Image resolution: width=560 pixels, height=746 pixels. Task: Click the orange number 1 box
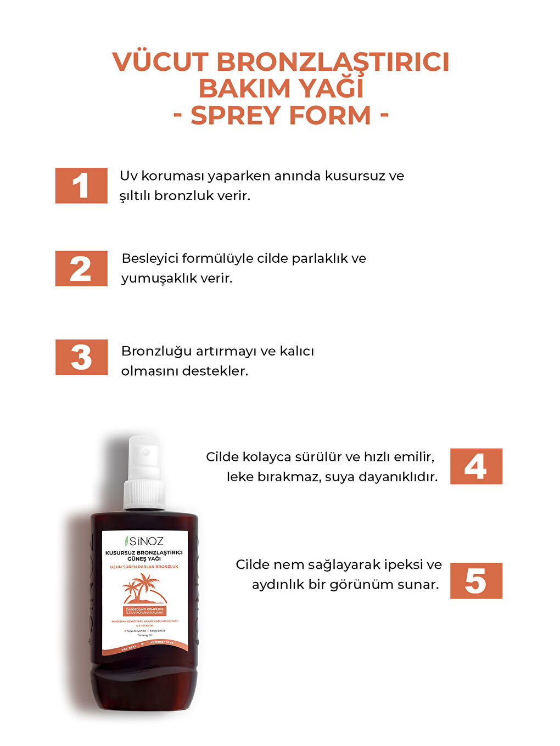(x=81, y=185)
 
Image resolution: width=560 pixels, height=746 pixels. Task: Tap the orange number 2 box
(x=81, y=268)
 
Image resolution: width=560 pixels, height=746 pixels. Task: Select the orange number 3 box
(x=81, y=357)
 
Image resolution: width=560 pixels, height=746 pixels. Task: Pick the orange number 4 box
(x=476, y=466)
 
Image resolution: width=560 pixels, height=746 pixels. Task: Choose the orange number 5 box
(x=476, y=580)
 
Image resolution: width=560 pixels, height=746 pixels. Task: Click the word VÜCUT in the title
(x=160, y=62)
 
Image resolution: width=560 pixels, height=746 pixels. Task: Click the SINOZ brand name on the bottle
(x=147, y=541)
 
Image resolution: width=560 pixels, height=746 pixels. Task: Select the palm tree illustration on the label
(x=143, y=588)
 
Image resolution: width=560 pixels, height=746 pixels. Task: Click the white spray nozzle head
(x=144, y=457)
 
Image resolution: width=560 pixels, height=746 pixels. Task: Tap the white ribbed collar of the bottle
(x=144, y=494)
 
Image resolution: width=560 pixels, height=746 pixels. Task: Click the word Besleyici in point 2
(x=149, y=258)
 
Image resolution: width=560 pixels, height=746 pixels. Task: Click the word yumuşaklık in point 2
(x=159, y=279)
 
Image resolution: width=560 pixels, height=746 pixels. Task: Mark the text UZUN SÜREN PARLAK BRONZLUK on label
(x=144, y=567)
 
